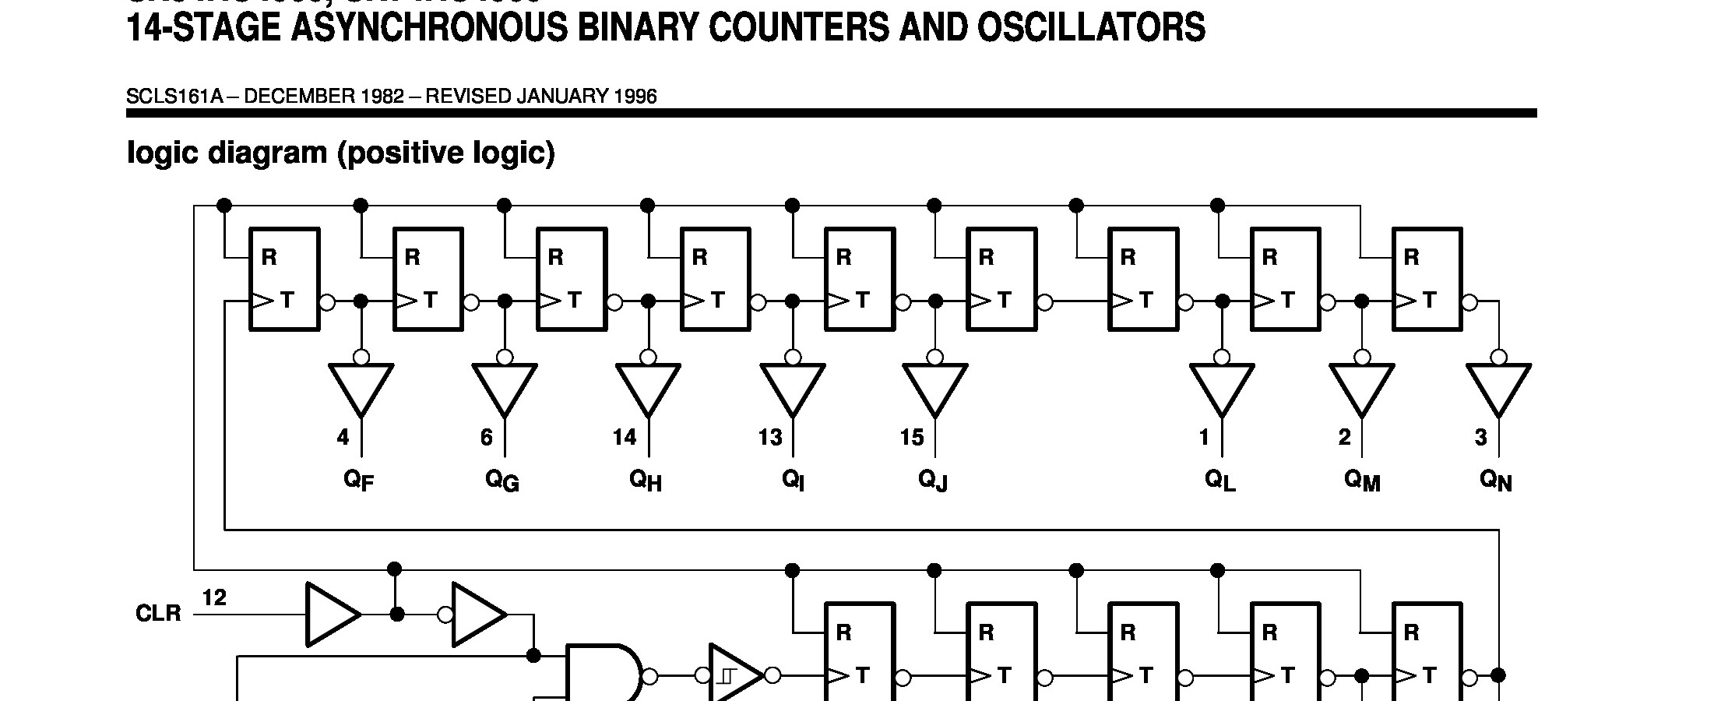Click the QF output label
click(358, 480)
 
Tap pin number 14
click(624, 438)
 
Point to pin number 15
click(911, 438)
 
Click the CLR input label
click(158, 614)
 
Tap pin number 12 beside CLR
click(214, 598)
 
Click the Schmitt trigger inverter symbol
click(732, 675)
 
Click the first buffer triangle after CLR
click(331, 614)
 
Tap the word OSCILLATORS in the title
click(1091, 28)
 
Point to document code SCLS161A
click(174, 97)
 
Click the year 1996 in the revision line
click(635, 97)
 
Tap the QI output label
click(793, 480)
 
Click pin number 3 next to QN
click(1480, 438)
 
